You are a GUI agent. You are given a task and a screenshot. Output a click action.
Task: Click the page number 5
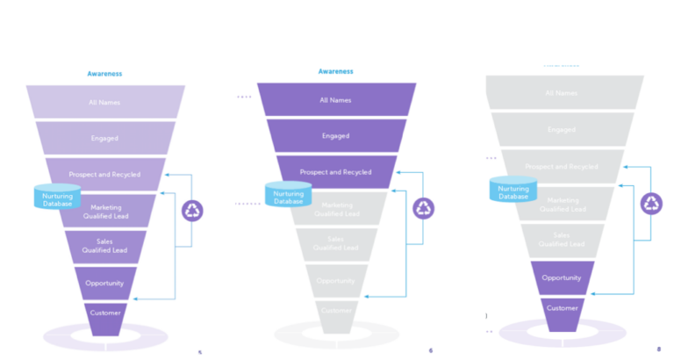[200, 352]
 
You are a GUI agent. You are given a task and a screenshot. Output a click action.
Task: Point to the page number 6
[430, 350]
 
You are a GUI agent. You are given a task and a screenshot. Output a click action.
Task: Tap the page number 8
[658, 349]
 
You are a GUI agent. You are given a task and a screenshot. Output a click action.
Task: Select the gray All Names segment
[562, 93]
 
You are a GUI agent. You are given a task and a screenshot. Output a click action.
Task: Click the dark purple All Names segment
[335, 100]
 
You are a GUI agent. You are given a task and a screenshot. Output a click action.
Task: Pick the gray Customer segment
[337, 311]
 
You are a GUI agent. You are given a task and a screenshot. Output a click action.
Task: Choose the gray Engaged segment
[562, 130]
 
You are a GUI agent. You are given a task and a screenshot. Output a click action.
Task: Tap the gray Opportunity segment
[337, 281]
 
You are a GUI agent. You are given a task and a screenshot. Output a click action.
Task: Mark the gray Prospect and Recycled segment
[562, 166]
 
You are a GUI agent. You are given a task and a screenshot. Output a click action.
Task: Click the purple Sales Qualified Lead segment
[109, 245]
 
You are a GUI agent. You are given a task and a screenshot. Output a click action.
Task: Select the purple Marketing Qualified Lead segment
[109, 211]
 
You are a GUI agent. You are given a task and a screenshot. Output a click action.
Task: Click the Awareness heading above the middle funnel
[335, 71]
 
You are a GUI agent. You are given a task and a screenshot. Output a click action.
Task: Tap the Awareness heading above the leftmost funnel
[104, 74]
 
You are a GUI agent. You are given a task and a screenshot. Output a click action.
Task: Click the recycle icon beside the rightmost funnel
[652, 204]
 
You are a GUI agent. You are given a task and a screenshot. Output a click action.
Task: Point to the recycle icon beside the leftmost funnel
[192, 211]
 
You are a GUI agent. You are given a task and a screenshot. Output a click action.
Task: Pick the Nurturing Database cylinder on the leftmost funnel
[57, 198]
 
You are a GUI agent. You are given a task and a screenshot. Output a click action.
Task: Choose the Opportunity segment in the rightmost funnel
[562, 277]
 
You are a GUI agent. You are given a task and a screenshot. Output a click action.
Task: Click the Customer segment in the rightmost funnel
[563, 308]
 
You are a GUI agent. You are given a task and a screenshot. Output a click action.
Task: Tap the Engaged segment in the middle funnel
[335, 136]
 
